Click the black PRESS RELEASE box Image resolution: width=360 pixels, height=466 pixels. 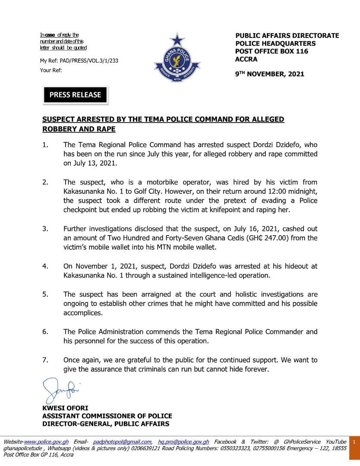click(x=75, y=95)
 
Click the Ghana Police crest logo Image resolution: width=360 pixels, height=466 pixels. click(x=177, y=59)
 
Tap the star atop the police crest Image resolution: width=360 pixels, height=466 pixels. click(x=177, y=40)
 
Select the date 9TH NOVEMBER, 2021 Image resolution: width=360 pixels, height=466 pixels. click(x=269, y=74)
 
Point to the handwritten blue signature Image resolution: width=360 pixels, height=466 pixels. click(x=60, y=390)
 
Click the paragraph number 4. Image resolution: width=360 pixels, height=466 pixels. click(x=45, y=266)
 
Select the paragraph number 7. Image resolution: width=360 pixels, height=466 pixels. click(x=45, y=360)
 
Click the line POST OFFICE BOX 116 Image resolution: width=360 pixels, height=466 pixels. click(x=272, y=51)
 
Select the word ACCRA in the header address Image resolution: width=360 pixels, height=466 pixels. click(x=246, y=59)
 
